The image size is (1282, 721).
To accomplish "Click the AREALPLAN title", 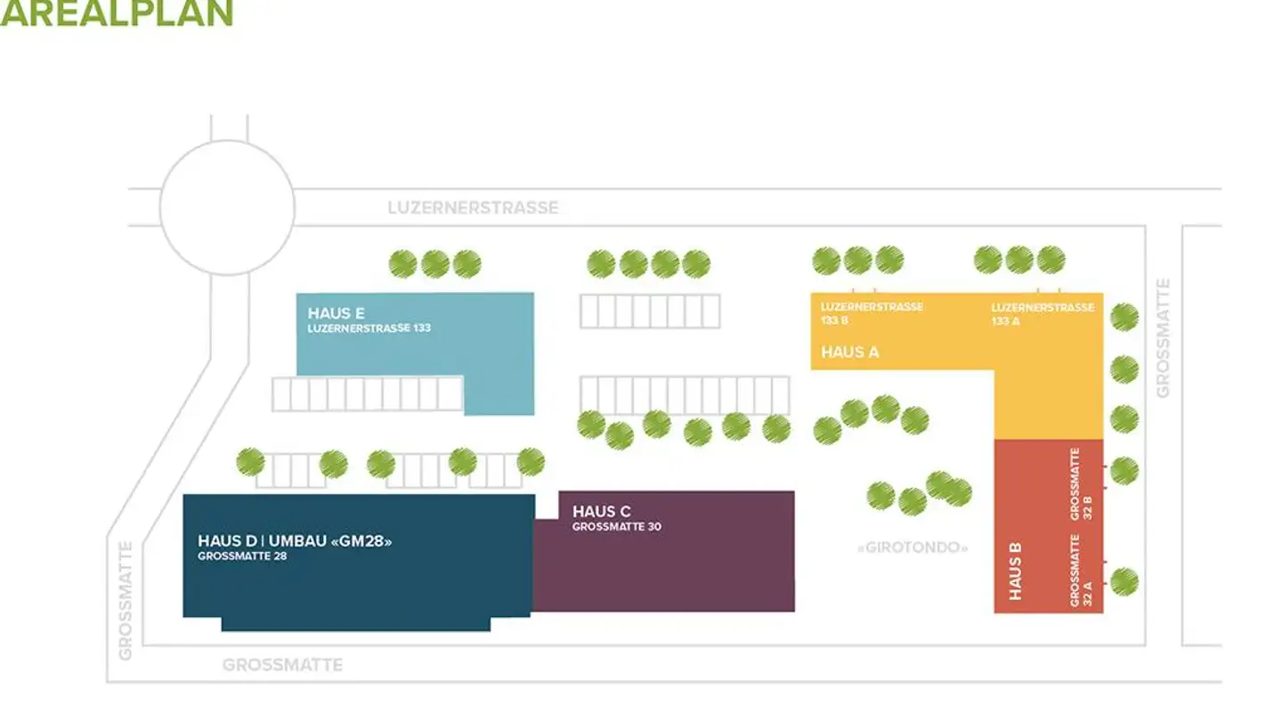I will (x=116, y=12).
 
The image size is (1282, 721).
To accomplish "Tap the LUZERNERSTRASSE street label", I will (x=473, y=207).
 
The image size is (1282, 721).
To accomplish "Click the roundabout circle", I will (x=227, y=207).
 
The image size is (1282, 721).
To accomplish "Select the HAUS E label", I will (x=336, y=313).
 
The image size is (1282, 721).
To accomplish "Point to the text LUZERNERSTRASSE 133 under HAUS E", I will (x=369, y=328).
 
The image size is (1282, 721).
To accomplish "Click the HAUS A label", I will (x=849, y=352).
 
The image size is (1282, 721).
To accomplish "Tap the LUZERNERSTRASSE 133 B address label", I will (x=871, y=313).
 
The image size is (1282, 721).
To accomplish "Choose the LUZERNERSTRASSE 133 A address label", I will (x=1042, y=313).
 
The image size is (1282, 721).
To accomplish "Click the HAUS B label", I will (x=1016, y=571).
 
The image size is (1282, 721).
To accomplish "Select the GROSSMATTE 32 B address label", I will (x=1082, y=483).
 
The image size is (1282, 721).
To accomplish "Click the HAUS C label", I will (x=601, y=512).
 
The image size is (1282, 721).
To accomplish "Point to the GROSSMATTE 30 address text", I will (x=616, y=527).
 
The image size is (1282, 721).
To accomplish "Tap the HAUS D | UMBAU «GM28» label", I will (x=295, y=540).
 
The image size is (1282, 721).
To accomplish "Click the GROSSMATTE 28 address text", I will (x=242, y=556).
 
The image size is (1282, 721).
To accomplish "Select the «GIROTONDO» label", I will (x=912, y=547).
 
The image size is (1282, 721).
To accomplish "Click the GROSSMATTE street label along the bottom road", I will (x=282, y=665).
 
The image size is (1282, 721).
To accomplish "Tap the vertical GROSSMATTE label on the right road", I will (x=1164, y=338).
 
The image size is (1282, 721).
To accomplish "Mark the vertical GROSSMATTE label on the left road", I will (x=126, y=600).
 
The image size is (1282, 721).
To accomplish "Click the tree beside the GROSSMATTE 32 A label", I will (x=1124, y=581).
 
